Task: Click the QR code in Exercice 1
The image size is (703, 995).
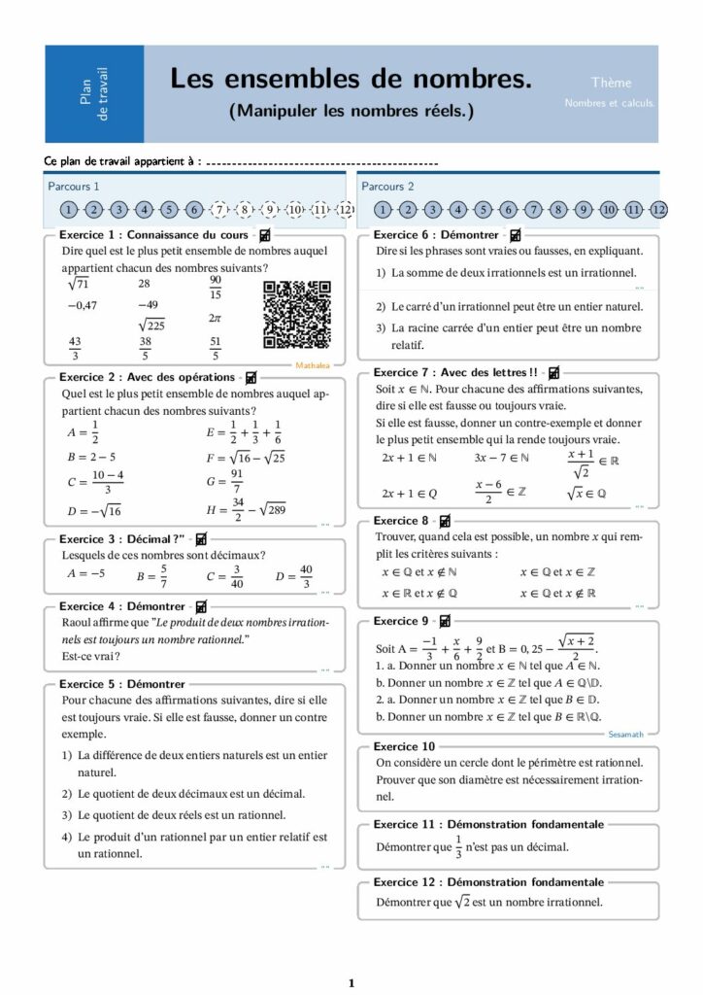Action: point(298,315)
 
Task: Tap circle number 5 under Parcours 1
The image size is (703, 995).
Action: point(169,209)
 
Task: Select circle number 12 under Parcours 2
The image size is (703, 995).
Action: point(659,209)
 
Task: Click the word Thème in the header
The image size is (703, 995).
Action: point(611,83)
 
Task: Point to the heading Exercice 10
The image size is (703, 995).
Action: point(405,746)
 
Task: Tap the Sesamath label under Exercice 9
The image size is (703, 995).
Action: point(625,735)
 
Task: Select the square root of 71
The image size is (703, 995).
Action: point(79,284)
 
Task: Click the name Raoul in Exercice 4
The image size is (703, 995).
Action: point(79,622)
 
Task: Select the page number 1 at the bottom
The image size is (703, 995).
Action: point(351,982)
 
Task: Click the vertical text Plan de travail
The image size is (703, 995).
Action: point(95,94)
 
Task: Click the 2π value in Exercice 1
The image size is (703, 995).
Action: point(216,318)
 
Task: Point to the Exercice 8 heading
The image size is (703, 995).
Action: point(401,521)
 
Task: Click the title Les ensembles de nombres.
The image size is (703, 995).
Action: point(351,79)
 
